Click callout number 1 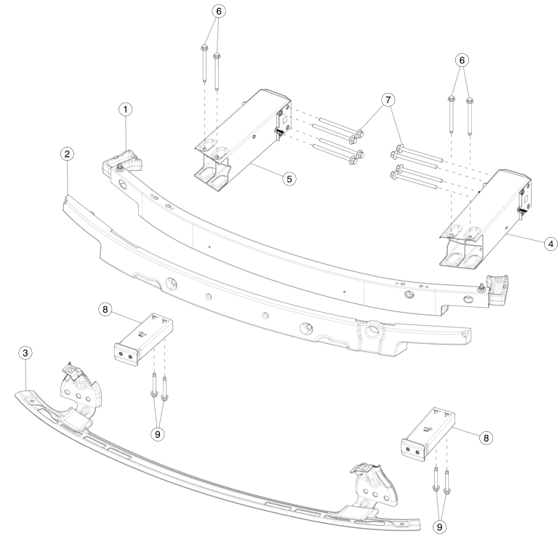[x=125, y=109]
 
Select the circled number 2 [x=67, y=154]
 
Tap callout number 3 [x=25, y=353]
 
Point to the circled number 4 [x=551, y=244]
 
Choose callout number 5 [x=289, y=179]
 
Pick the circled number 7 [x=388, y=100]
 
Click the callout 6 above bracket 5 [x=219, y=11]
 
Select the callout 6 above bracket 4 [x=462, y=60]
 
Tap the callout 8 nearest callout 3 [x=105, y=309]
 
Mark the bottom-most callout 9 [x=440, y=527]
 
